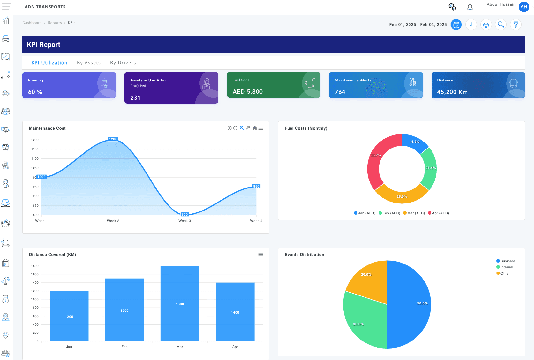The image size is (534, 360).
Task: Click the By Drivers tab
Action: (x=123, y=63)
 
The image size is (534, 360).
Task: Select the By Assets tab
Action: (x=89, y=63)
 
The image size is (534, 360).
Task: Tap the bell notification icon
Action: (x=470, y=7)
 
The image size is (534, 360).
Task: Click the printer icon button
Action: (x=486, y=25)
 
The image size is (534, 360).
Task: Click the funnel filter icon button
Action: (x=516, y=25)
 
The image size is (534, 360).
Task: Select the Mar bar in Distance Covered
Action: (x=180, y=303)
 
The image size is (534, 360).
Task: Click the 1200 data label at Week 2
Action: (x=113, y=139)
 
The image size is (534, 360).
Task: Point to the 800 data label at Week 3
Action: (x=184, y=214)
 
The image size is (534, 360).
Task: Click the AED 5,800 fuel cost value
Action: (x=247, y=92)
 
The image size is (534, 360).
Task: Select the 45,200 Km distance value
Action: (x=452, y=92)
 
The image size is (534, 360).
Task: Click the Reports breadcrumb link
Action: (x=55, y=23)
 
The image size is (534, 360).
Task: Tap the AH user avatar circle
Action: (x=524, y=7)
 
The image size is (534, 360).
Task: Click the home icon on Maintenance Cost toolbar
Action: (x=255, y=128)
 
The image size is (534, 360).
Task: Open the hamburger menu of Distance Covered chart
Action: (x=260, y=255)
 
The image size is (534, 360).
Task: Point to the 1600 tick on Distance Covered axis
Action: (x=35, y=274)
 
